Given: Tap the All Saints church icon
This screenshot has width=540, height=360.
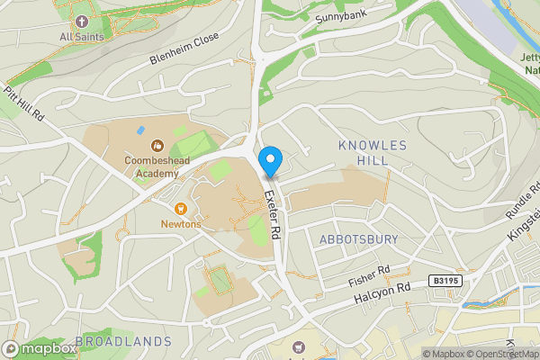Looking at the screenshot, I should (x=82, y=21).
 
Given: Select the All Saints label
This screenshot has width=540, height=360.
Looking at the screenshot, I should (x=82, y=37).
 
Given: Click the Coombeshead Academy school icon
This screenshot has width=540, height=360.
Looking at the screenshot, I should (x=157, y=144).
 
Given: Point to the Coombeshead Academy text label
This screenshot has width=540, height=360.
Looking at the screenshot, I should (x=157, y=166).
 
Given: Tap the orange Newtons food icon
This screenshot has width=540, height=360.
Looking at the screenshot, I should (x=181, y=208).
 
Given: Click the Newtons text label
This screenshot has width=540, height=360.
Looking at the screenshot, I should (x=182, y=223).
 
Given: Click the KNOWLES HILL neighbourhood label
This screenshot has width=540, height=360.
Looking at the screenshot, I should (x=373, y=152).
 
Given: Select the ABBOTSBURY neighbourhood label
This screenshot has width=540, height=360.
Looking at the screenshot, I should (x=358, y=238).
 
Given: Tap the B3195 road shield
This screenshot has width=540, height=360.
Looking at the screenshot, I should (x=445, y=281).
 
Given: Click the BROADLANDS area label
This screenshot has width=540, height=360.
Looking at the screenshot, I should (x=123, y=341).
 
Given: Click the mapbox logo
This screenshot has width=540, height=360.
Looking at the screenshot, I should (x=40, y=348).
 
